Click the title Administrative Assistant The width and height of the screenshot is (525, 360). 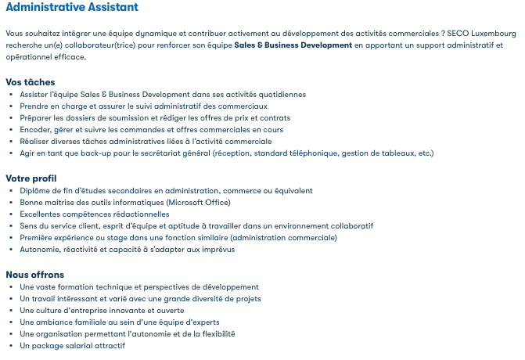72,8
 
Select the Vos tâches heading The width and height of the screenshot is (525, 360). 31,82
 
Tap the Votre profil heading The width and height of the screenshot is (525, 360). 31,178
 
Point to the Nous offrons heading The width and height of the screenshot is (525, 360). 35,275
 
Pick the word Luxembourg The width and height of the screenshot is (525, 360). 495,34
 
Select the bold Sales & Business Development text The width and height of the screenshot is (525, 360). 293,45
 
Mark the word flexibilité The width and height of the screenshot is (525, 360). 211,334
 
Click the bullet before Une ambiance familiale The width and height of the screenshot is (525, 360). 11,322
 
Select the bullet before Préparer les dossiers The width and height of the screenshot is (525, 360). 11,118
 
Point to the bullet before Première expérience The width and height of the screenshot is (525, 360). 11,238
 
